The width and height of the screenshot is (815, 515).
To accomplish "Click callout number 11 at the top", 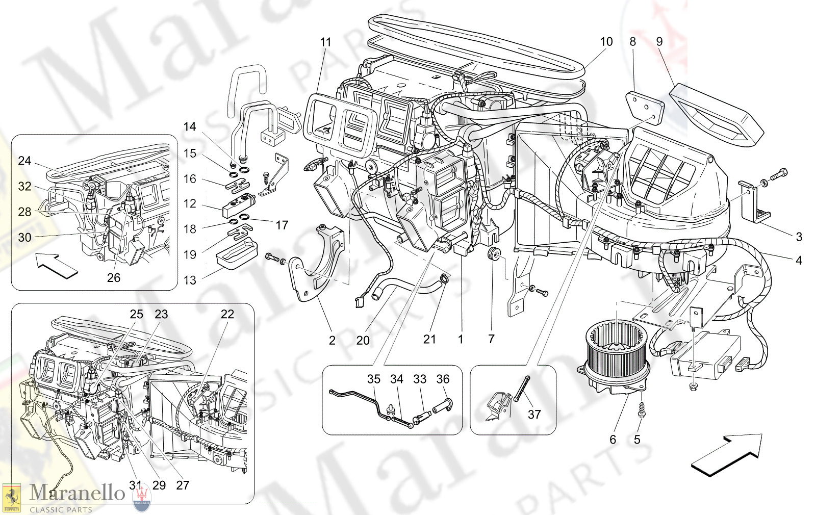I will [325, 42].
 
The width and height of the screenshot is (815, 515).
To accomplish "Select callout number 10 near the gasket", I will [606, 42].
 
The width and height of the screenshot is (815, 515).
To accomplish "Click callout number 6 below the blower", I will [613, 440].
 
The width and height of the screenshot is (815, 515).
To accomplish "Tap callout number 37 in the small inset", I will [534, 414].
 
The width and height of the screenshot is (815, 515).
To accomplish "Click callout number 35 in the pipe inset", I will [374, 379].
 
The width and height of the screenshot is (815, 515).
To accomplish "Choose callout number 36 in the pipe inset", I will [443, 379].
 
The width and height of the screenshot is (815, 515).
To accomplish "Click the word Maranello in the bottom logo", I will [77, 493].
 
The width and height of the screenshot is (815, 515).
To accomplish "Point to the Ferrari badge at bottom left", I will [11, 497].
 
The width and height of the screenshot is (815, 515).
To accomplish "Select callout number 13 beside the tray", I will [190, 280].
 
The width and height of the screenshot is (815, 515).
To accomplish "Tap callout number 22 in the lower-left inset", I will [227, 314].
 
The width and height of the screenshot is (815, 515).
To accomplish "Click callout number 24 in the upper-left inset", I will [24, 161].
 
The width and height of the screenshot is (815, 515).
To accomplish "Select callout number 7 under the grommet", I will [491, 339].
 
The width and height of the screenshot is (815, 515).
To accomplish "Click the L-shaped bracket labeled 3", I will [755, 204].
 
